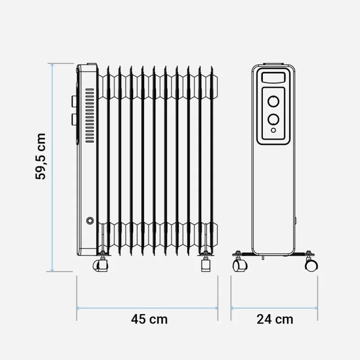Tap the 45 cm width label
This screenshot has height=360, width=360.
tap(149, 319)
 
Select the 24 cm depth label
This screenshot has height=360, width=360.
tap(274, 319)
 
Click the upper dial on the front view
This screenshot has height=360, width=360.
tap(273, 101)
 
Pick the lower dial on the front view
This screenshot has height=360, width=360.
tap(273, 119)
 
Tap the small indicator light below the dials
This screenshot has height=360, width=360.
tap(273, 130)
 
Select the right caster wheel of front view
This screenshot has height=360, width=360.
tap(311, 265)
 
